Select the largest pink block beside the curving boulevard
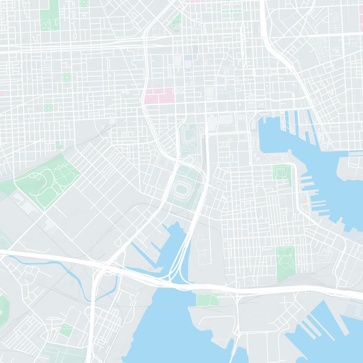(159, 96)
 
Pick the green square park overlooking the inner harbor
(281, 172)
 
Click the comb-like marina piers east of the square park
(313, 191)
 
